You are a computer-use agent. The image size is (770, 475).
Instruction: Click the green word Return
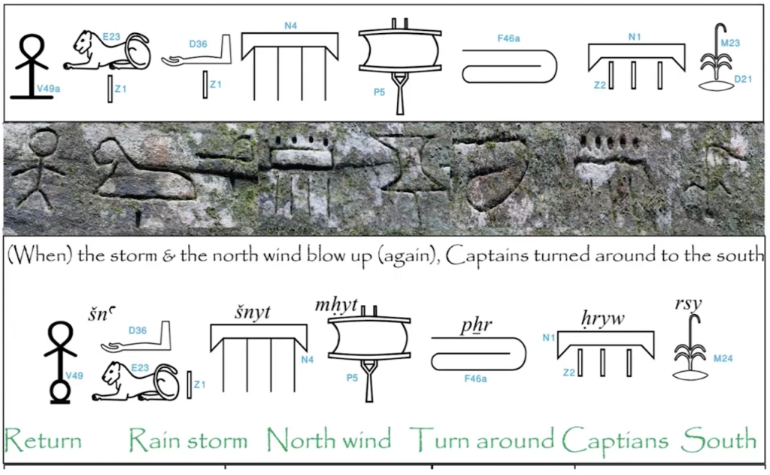43,439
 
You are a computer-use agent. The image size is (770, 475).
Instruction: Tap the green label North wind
329,439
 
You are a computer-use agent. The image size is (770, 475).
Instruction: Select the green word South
718,439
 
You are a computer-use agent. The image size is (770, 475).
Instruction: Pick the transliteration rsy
689,303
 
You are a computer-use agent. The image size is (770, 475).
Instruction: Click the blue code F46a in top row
509,38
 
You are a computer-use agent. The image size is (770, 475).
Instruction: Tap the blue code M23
730,43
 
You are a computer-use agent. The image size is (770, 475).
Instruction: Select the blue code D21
741,78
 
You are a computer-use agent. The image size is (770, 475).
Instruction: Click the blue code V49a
49,89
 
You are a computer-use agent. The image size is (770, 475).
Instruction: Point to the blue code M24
723,358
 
